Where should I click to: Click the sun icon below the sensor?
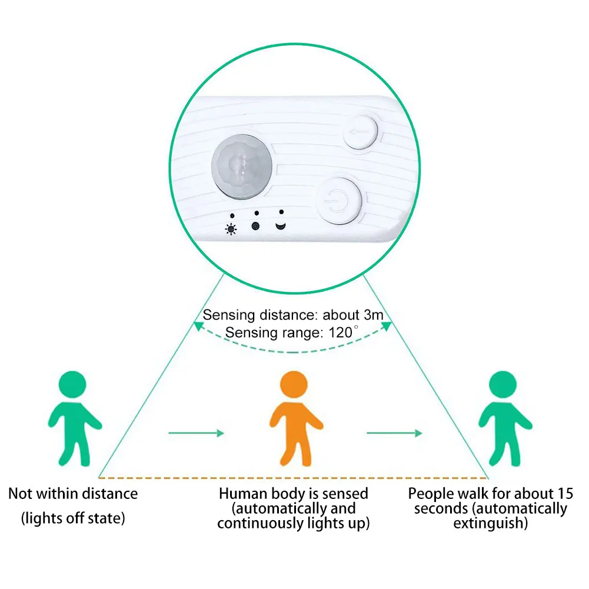tap(231, 228)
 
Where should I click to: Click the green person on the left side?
tap(74, 418)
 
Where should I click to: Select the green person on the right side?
tap(505, 418)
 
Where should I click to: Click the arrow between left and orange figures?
tap(196, 434)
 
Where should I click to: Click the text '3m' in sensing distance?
tap(372, 315)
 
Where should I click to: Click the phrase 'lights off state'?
tap(74, 518)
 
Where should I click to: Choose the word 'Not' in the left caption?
tap(21, 494)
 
